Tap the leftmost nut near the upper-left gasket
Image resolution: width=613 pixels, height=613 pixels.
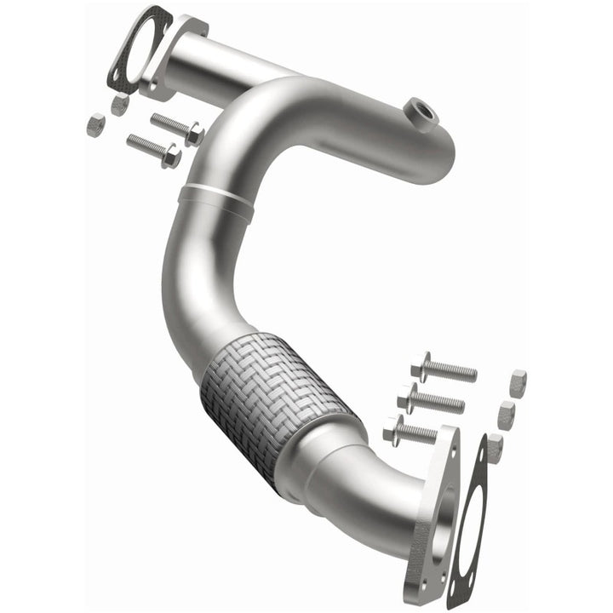(x=95, y=125)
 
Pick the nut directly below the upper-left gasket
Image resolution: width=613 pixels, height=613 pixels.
(x=120, y=105)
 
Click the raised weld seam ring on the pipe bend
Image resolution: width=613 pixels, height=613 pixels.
(x=217, y=195)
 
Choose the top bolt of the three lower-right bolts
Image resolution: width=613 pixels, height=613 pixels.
(x=443, y=370)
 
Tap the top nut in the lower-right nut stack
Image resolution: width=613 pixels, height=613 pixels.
(x=517, y=382)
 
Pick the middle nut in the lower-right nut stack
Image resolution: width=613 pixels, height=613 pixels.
(x=507, y=415)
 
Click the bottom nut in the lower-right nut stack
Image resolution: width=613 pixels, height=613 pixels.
(x=494, y=447)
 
